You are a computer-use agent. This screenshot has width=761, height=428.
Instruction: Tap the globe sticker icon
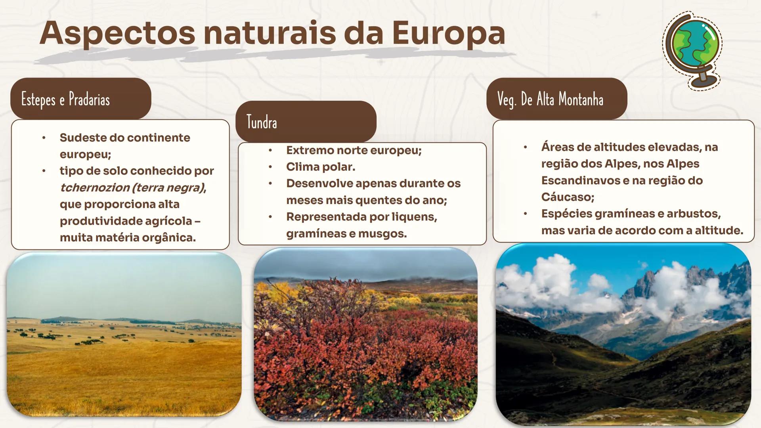pyautogui.click(x=692, y=50)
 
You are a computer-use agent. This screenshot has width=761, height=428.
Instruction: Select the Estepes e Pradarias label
pyautogui.click(x=65, y=99)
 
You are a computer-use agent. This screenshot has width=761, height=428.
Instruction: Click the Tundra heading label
pyautogui.click(x=262, y=122)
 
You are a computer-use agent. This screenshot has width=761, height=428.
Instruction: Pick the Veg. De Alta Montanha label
pyautogui.click(x=550, y=99)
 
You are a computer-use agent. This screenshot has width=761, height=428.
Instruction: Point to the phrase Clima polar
pyautogui.click(x=320, y=167)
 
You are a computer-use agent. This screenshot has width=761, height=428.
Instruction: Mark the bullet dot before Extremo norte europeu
pyautogui.click(x=270, y=150)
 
